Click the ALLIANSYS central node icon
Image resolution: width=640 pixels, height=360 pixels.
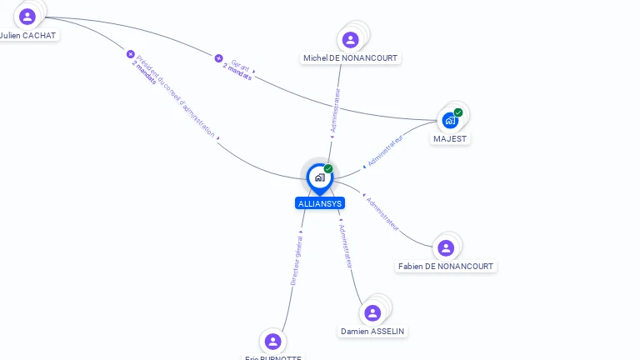[x=319, y=177]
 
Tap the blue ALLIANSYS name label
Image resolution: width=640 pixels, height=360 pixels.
[x=319, y=203]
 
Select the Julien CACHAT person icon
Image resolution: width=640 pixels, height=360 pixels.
[x=27, y=16]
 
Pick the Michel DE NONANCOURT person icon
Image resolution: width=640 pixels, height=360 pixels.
[x=351, y=39]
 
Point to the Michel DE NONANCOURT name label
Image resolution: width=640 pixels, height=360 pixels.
[x=351, y=58]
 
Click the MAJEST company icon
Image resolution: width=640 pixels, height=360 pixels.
[x=450, y=120]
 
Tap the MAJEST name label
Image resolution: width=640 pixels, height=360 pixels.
[x=450, y=139]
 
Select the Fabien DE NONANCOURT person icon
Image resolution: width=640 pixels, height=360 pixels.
[x=446, y=247]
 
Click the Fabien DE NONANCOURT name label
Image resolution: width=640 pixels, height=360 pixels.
[x=446, y=267]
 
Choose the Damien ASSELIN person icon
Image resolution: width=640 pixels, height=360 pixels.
[x=372, y=312]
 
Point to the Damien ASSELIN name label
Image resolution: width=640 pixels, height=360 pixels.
[x=372, y=332]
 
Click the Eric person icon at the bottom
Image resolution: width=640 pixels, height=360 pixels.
[x=272, y=341]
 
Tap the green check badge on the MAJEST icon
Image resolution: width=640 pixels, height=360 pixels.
[x=458, y=112]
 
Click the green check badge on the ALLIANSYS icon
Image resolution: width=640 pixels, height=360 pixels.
[x=328, y=169]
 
